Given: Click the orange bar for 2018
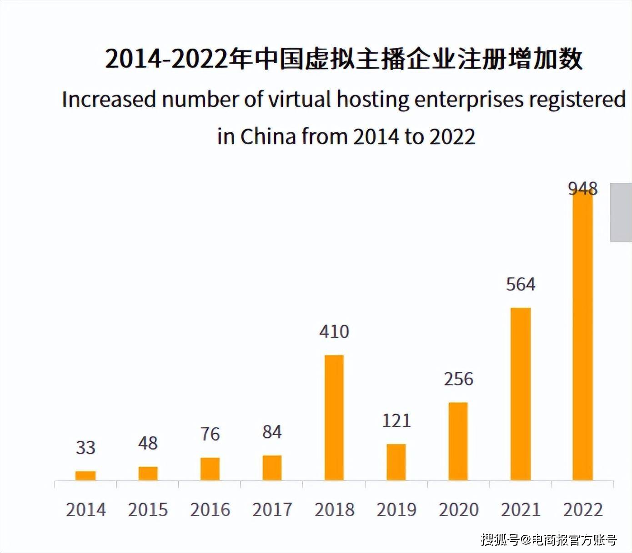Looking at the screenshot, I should pos(334,417).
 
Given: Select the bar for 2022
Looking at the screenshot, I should pos(582,337).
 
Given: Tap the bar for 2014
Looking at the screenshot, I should pos(85,476).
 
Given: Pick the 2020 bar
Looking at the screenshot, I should pos(458,441).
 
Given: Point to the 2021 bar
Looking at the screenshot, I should pos(521,394).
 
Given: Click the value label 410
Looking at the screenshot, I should pos(334,332).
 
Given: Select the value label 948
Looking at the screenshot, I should pos(583,188).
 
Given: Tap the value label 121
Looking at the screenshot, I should pos(396,421).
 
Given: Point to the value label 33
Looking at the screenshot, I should pos(85,447).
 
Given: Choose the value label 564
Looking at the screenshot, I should pos(521,284).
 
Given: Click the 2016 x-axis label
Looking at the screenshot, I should pos(210,509).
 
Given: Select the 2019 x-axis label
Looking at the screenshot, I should pos(396,509).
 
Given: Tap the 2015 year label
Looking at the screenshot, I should pos(148,509).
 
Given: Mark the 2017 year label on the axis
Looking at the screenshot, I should pos(272,509).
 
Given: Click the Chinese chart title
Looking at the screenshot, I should pos(344,59).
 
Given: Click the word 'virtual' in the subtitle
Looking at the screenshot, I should pos(299,99).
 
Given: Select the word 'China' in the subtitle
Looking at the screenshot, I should pos(268,136).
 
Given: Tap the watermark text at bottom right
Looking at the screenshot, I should pos(549,540).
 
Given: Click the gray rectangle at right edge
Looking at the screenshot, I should pos(621,212).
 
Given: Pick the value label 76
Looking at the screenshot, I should pos(210,434).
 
